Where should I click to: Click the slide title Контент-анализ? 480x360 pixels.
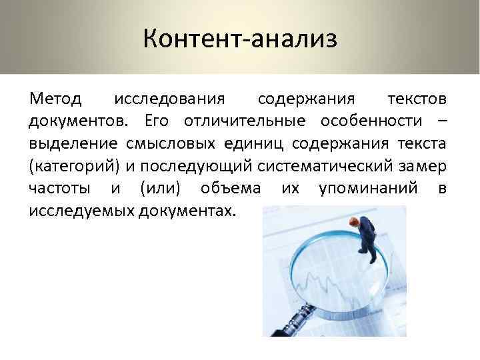(240, 38)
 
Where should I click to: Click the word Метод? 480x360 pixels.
(55, 100)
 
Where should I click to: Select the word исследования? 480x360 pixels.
(169, 100)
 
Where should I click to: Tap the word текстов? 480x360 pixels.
(418, 100)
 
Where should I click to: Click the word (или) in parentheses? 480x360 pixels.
(161, 189)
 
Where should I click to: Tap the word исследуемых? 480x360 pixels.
(81, 211)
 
